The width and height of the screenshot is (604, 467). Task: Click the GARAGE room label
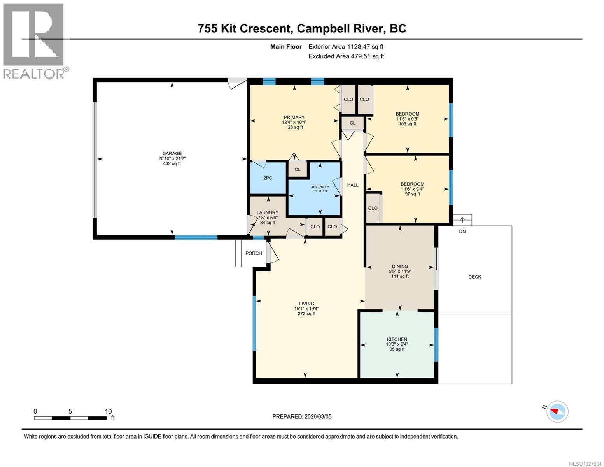pos(172,153)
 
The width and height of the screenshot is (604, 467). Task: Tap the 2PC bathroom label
pos(268,178)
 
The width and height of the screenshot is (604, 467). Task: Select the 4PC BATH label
pos(320,186)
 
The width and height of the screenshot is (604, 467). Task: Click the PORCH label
pos(254,253)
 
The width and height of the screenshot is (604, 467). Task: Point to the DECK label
pos(474,277)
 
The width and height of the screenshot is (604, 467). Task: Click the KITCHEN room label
pos(397,339)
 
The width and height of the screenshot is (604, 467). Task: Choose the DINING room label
pos(400,267)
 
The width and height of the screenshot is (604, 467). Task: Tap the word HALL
pos(353,185)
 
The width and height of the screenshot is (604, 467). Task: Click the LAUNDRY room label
pos(268,212)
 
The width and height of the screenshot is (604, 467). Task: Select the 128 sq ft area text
pos(294,127)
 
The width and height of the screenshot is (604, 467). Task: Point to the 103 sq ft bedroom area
pos(408,124)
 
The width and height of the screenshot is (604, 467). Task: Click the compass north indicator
pos(557,411)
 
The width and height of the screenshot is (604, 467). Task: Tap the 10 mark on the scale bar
pos(108,411)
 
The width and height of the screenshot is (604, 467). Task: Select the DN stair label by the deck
pos(462,232)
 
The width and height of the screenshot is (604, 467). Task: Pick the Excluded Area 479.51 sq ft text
pos(346,56)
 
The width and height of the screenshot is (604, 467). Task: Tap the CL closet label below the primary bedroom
pos(298,170)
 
